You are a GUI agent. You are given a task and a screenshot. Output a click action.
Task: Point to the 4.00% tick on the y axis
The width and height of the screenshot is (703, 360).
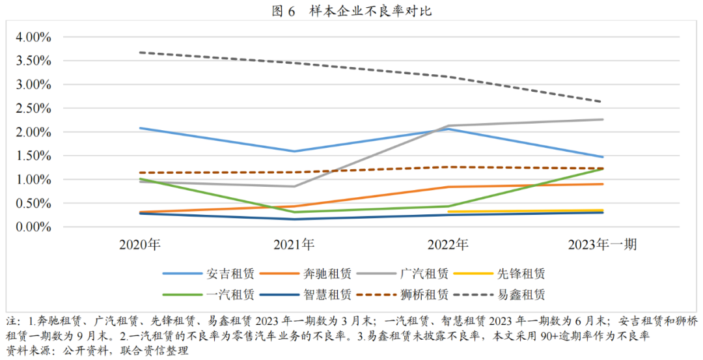click(x=34, y=37)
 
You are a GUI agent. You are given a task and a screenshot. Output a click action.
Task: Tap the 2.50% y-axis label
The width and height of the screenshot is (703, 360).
click(x=34, y=108)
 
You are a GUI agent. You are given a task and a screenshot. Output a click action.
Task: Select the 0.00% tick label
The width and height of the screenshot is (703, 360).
click(x=34, y=227)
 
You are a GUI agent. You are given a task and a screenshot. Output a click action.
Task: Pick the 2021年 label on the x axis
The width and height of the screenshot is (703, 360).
click(x=294, y=245)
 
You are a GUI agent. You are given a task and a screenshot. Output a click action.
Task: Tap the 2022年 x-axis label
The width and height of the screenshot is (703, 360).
click(x=448, y=245)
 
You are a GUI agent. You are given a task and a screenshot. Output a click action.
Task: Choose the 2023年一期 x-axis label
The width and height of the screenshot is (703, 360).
click(x=602, y=245)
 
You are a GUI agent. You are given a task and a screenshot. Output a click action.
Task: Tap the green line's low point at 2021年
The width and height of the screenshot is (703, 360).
click(x=294, y=212)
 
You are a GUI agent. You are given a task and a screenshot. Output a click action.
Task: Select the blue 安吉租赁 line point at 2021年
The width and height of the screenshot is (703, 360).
click(x=294, y=151)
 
